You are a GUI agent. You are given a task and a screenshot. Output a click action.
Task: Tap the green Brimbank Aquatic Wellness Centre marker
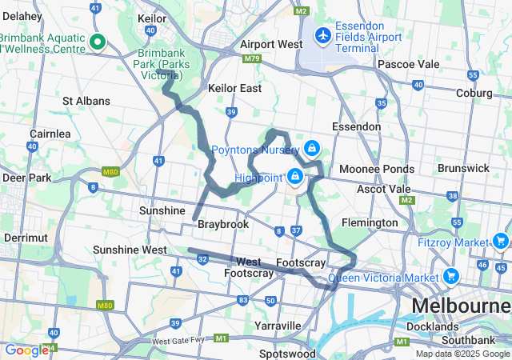click(x=98, y=42)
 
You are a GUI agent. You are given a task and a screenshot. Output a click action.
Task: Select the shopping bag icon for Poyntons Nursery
click(x=311, y=149)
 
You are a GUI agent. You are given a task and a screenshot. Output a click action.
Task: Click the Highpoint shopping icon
click(x=295, y=176)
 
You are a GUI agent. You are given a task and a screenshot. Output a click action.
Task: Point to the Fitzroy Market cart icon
click(x=501, y=241)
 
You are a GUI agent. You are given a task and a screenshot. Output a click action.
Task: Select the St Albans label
click(x=86, y=102)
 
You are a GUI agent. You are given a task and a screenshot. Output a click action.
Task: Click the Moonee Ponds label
click(x=376, y=169)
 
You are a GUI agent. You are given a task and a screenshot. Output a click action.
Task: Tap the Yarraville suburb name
click(x=277, y=326)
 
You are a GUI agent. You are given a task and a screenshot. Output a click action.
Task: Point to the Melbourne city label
click(x=461, y=306)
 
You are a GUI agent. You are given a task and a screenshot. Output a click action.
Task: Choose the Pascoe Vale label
click(x=406, y=63)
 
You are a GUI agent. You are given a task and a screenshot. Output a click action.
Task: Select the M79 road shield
click(x=253, y=59)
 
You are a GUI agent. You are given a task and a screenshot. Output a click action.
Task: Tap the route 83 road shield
click(x=242, y=299)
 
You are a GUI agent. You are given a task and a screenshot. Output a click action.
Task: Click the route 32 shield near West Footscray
click(x=203, y=259)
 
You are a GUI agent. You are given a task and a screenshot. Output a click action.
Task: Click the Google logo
click(x=26, y=350)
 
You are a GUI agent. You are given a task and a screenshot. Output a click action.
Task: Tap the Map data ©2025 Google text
click(x=462, y=354)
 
